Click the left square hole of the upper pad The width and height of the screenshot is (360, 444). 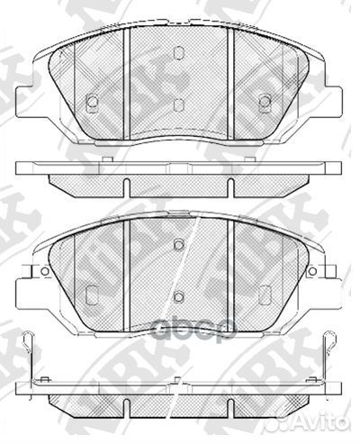pos(91,103)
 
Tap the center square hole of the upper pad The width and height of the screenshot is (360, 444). pos(178,105)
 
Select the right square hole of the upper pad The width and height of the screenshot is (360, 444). pos(265,102)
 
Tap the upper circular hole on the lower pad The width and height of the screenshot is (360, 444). pos(179,245)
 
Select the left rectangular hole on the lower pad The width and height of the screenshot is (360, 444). pos(91,293)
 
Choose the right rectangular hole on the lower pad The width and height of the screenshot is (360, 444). pos(265,293)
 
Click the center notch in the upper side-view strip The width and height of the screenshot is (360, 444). pos(178,186)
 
